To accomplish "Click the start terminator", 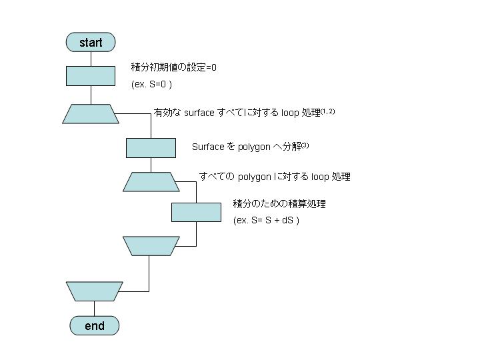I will [91, 43].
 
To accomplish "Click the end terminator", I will [95, 326].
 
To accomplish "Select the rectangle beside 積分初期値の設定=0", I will [91, 75].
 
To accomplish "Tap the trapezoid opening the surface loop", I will [91, 114].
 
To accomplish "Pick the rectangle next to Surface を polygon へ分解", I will [151, 147].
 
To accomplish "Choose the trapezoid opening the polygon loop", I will [151, 181].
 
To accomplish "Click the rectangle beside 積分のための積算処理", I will [196, 212].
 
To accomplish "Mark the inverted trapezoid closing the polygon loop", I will [151, 246].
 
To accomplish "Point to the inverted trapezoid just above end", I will [95, 291].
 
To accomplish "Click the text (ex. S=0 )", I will [152, 85].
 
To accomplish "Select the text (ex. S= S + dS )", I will [266, 220].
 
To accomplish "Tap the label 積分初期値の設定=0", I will [174, 68].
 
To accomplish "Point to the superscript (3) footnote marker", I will [305, 145].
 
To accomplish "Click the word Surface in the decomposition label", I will [208, 147].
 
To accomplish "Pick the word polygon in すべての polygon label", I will [254, 177].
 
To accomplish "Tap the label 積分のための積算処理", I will [279, 204].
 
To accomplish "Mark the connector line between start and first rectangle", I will [91, 58].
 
